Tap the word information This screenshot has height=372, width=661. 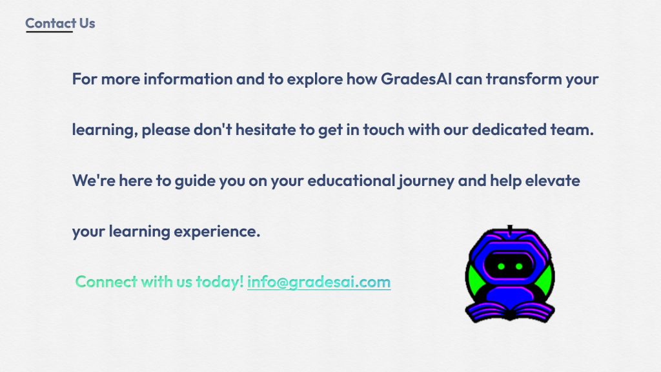pyautogui.click(x=188, y=79)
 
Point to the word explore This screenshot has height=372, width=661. pyautogui.click(x=315, y=79)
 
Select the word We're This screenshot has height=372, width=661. pyautogui.click(x=94, y=181)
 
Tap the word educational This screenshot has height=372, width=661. pyautogui.click(x=351, y=181)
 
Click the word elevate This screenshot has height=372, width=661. pyautogui.click(x=553, y=181)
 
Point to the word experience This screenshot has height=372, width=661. pyautogui.click(x=217, y=232)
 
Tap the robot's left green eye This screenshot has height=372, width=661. pyautogui.click(x=501, y=266)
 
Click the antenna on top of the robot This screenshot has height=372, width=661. pyautogui.click(x=510, y=230)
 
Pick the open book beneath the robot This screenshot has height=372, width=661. pyautogui.click(x=510, y=313)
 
